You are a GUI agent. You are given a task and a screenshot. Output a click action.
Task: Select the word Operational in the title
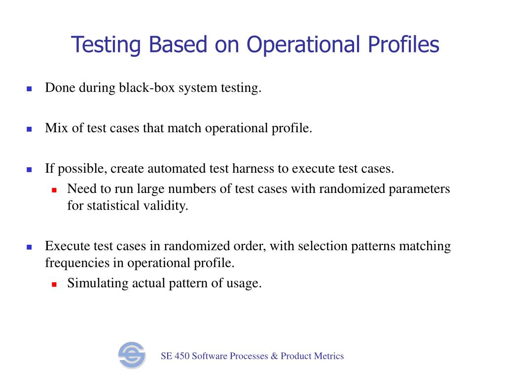point(304,45)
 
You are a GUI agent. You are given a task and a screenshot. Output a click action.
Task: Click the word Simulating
point(97,284)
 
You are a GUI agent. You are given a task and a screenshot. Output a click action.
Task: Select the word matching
point(425,246)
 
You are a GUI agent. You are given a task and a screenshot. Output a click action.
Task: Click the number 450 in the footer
point(182,356)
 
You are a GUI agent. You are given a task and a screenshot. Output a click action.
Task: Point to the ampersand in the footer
point(274,356)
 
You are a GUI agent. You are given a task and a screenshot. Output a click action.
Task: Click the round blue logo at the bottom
point(132,355)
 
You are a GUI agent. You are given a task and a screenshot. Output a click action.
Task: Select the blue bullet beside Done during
point(29,89)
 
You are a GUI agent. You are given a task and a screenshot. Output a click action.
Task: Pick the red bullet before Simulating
point(54,285)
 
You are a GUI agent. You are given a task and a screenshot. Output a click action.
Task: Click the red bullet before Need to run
point(54,190)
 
